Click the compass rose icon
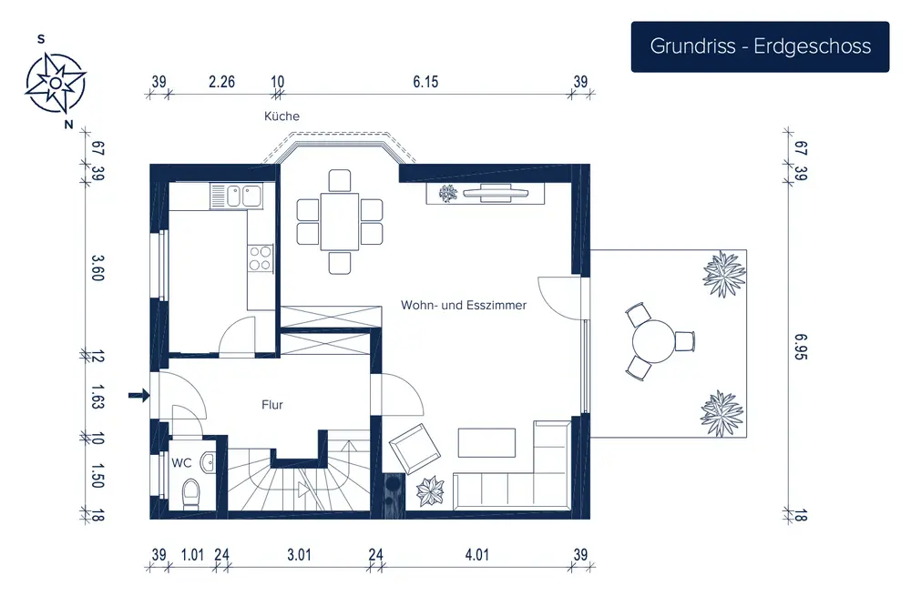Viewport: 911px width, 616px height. (56, 83)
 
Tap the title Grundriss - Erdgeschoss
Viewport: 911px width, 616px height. (760, 46)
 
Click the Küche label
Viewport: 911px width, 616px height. (281, 116)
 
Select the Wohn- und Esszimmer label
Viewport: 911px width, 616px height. (464, 306)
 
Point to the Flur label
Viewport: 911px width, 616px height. (271, 405)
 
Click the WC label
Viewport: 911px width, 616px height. (181, 462)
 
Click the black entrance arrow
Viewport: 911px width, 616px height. (138, 395)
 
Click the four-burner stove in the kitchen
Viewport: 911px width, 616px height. (261, 259)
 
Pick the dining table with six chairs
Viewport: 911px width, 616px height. (340, 222)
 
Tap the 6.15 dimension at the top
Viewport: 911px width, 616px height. (425, 82)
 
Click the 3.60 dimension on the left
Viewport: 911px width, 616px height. (97, 269)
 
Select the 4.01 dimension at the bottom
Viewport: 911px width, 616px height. (476, 554)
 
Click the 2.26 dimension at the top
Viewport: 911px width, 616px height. (221, 82)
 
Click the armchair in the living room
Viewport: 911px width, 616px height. (416, 449)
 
